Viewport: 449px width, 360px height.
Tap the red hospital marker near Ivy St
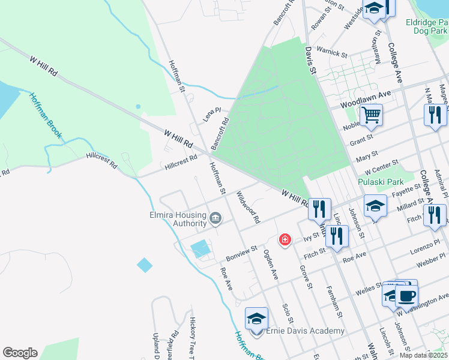285,240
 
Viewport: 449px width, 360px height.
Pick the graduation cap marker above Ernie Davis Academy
256,318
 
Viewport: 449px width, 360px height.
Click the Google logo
20,353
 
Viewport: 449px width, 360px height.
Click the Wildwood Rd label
247,208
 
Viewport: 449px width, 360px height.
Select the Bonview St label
241,253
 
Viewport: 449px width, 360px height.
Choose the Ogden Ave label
271,265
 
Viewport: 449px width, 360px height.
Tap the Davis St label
310,61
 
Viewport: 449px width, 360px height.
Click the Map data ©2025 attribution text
423,355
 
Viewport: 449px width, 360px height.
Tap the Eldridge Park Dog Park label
426,26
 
